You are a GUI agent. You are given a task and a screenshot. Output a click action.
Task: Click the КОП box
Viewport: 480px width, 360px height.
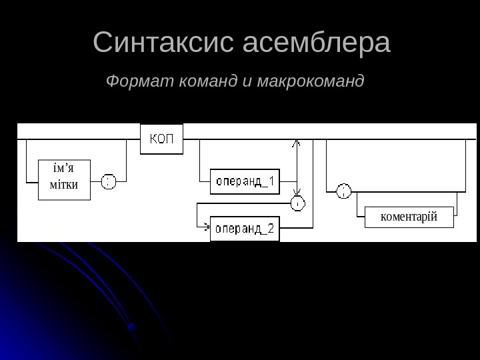(160, 139)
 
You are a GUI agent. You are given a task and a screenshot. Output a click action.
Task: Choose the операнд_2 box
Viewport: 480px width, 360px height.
(245, 229)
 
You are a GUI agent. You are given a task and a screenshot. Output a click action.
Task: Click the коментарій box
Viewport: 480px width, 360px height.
(409, 216)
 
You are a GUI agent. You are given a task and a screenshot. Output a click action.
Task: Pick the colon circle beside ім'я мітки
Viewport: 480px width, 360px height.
(109, 181)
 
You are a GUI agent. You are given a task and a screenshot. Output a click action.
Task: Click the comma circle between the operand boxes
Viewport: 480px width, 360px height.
(298, 203)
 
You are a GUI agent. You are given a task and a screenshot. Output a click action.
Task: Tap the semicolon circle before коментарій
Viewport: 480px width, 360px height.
(343, 191)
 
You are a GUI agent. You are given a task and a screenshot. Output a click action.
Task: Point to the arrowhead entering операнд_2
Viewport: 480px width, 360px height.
(207, 229)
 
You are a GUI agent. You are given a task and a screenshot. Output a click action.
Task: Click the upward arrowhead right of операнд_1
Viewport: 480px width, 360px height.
(297, 143)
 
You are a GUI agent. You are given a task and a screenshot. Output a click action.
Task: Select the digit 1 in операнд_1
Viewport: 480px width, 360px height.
(271, 181)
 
